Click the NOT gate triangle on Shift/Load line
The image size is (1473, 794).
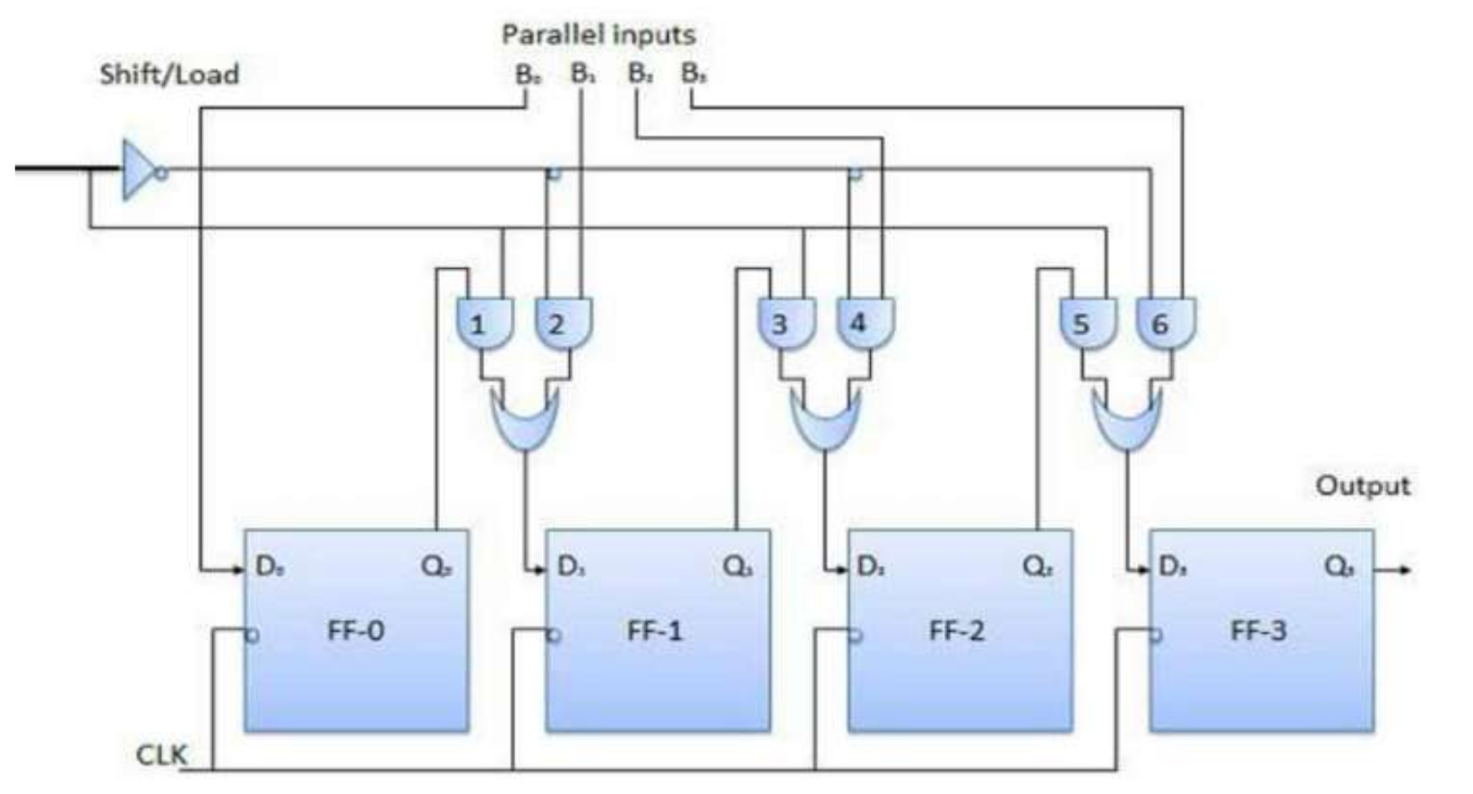[139, 169]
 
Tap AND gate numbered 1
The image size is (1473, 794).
[484, 323]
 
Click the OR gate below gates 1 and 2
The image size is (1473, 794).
[525, 418]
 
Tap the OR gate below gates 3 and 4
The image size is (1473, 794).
[825, 418]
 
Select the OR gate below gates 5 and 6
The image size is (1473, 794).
[1126, 418]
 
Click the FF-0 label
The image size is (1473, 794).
[356, 631]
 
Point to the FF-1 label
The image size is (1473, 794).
[655, 631]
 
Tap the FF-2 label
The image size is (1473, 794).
[956, 631]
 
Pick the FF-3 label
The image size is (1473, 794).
[1258, 631]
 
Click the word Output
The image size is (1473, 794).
[1362, 486]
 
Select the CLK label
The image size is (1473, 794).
[161, 755]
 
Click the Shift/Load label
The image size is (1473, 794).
[169, 73]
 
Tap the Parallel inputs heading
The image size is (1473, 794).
[598, 35]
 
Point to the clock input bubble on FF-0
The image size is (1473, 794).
[252, 635]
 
